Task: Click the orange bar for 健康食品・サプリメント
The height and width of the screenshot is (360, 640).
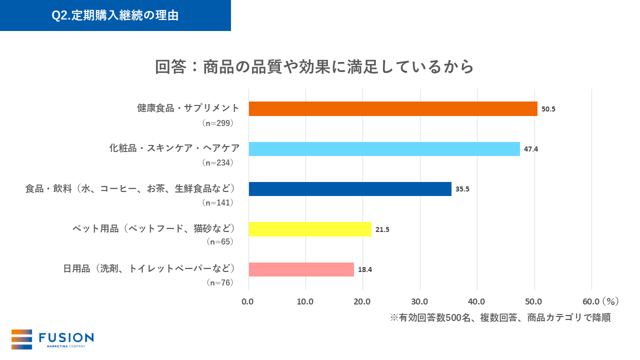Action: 392,108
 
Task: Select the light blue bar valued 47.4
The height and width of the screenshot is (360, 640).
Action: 384,149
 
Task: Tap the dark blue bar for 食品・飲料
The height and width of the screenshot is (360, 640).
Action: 350,189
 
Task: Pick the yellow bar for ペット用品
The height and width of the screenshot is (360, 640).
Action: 310,229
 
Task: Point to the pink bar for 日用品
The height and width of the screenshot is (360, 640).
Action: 301,269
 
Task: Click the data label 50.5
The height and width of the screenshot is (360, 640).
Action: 548,109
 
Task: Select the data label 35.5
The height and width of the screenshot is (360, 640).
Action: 462,189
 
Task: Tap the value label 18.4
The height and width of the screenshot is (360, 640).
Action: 365,269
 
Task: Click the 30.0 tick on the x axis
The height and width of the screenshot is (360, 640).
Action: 419,301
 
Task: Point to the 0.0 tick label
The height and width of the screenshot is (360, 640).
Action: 248,301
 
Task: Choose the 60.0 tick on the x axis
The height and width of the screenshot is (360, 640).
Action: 591,301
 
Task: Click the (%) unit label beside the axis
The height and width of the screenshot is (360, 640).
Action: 610,301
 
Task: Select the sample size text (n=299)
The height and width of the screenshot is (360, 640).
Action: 217,122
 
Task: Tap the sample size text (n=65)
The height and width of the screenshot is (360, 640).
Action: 220,241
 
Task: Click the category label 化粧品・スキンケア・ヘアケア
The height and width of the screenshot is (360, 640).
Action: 174,148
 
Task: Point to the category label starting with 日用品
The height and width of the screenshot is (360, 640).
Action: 149,268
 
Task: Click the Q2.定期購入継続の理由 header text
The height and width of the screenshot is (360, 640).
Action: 115,15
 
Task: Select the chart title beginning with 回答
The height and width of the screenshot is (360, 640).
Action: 314,66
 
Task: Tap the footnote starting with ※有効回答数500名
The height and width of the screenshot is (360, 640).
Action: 500,318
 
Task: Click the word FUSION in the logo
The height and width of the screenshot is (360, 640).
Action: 66,337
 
